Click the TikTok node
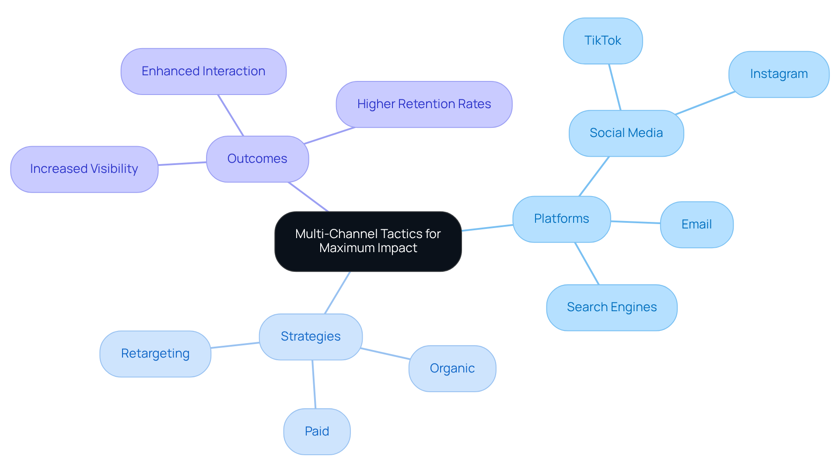tap(603, 41)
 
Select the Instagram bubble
tap(779, 74)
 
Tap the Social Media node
tap(626, 133)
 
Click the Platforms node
tap(561, 219)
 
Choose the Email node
tap(696, 225)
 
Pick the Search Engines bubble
tap(612, 307)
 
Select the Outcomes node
tap(257, 159)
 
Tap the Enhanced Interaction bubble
tap(203, 71)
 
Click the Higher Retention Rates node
tap(424, 104)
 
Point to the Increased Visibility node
tap(84, 169)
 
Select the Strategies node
tap(311, 337)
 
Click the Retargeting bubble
tap(155, 354)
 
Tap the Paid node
tap(317, 432)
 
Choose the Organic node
tap(452, 369)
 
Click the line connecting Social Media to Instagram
tap(705, 103)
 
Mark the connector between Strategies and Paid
tap(314, 384)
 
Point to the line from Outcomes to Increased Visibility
tap(182, 164)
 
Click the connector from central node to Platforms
tap(487, 228)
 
